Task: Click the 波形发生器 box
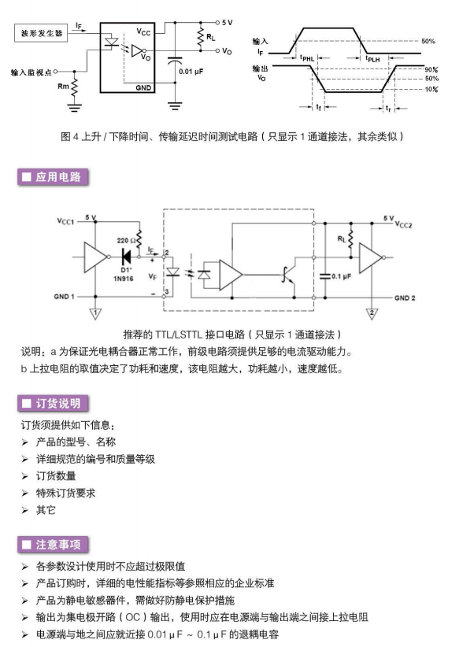tap(41, 33)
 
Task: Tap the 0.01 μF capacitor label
tap(191, 72)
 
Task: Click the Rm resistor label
tap(63, 87)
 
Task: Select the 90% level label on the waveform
tap(431, 70)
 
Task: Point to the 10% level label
tap(431, 89)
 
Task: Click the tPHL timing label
tap(307, 58)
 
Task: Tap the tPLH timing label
tap(372, 58)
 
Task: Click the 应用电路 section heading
tap(53, 177)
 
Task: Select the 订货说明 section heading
tap(53, 403)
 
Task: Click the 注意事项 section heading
tap(53, 545)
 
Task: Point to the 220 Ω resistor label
tap(126, 240)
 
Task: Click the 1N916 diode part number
tap(124, 279)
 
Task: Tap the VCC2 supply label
tap(403, 224)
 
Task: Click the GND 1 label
tap(64, 296)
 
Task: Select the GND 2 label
tap(405, 298)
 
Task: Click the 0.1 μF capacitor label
tap(341, 276)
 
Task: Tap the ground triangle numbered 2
tap(372, 313)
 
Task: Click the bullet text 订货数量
tap(56, 475)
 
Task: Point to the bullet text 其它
tap(46, 510)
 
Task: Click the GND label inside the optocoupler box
tap(143, 87)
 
